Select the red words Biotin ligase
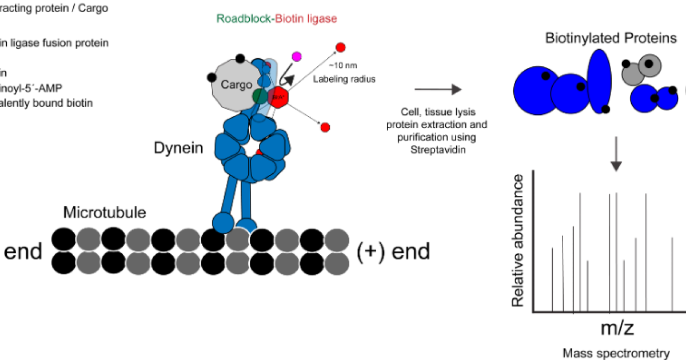[306, 19]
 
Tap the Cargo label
[236, 85]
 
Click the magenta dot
[297, 56]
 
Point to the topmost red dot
[341, 47]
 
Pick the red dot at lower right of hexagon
[325, 127]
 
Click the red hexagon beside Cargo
[278, 97]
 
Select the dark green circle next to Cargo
[260, 96]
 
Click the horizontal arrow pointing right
[438, 89]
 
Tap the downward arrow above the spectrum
[616, 154]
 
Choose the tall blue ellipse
[599, 82]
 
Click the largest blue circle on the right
[536, 90]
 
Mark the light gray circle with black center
[650, 65]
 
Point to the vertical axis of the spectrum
[533, 240]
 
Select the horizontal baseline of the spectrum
[608, 312]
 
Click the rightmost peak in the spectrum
[672, 274]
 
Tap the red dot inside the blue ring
[259, 152]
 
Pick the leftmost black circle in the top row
[63, 239]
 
